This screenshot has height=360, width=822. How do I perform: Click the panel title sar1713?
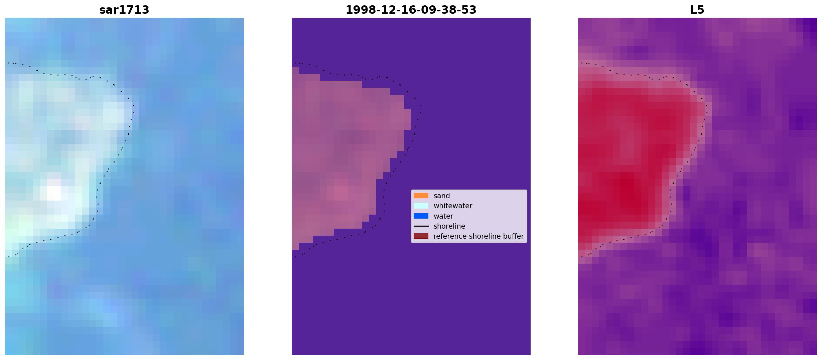124,10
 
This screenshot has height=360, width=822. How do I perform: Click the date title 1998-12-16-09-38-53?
411,10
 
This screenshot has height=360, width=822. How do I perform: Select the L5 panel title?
697,10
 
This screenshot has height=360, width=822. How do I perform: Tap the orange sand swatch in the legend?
421,196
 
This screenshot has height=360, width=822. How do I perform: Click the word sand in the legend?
442,196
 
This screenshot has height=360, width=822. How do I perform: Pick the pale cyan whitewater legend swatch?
421,206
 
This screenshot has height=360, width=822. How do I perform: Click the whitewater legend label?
453,206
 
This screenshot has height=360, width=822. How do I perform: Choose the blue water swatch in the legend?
421,216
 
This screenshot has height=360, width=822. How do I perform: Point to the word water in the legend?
443,216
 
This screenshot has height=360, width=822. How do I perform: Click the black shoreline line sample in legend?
421,226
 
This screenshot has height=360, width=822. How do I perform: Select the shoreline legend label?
449,226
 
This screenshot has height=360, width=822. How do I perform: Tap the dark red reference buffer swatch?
421,236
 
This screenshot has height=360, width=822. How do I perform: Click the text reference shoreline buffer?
478,236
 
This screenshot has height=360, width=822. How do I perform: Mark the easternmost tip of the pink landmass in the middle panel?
411,119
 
